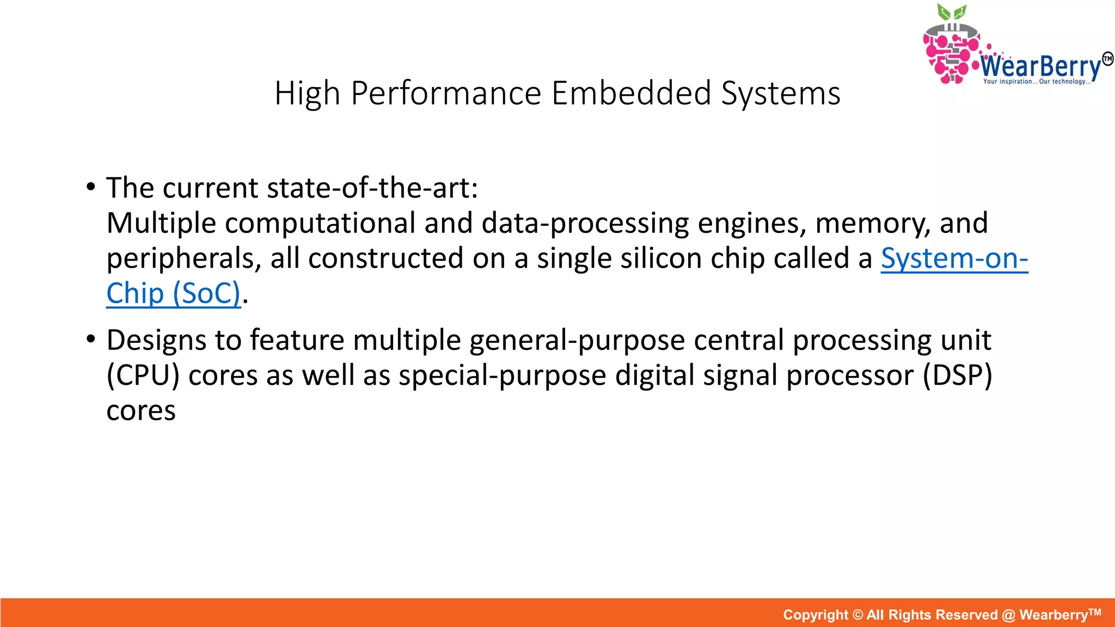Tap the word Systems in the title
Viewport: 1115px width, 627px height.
[x=781, y=93]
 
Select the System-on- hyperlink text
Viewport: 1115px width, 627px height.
[x=954, y=258]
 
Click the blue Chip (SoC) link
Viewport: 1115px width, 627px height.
[x=173, y=293]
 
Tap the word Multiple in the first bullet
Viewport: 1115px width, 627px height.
[x=161, y=223]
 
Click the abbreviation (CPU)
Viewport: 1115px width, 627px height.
[x=143, y=376]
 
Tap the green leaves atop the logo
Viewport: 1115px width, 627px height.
[x=952, y=12]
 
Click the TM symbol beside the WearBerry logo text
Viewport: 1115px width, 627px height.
[x=1107, y=58]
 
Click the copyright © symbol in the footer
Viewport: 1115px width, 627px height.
[x=857, y=615]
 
